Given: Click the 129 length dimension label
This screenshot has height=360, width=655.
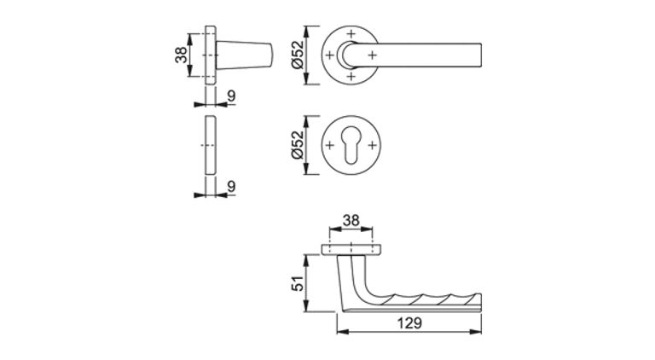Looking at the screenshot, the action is click(x=409, y=322).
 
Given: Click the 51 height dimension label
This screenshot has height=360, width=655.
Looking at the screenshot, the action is click(x=299, y=283).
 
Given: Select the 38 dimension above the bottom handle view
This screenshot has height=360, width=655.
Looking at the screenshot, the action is click(x=351, y=220).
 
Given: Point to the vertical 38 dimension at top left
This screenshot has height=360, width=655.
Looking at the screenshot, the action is click(x=182, y=55).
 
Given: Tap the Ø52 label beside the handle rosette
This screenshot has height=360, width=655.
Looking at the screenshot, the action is click(x=298, y=55).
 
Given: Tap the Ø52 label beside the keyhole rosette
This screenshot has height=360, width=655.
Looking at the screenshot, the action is click(x=298, y=145).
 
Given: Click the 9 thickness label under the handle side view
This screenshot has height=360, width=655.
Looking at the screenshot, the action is click(x=231, y=96).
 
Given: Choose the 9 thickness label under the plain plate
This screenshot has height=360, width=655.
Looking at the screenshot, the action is click(x=231, y=186).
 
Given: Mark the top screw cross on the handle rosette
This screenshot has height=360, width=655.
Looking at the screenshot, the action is click(x=351, y=33).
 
